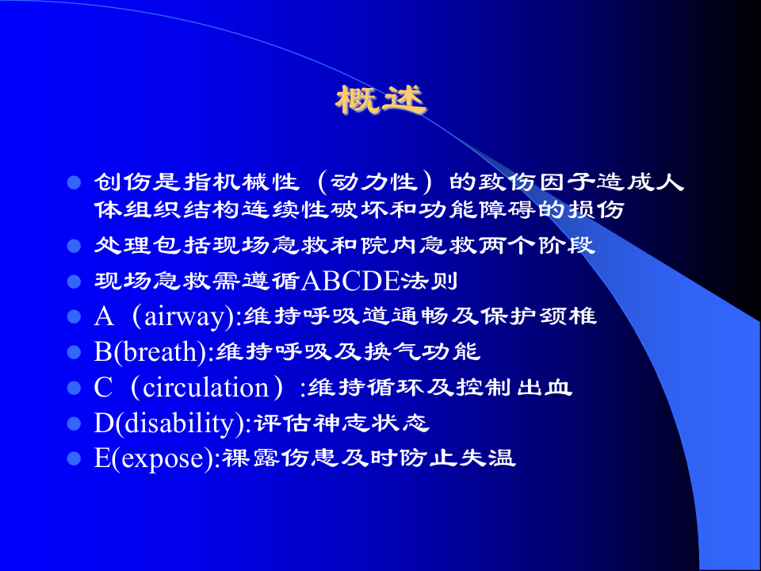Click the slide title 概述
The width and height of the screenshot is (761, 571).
(380, 100)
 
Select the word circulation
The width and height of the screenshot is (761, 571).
(206, 388)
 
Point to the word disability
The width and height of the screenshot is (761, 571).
(182, 423)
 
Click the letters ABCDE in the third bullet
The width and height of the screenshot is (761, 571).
(350, 281)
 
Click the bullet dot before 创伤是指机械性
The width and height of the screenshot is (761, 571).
(74, 183)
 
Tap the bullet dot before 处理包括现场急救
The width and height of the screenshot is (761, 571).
(74, 246)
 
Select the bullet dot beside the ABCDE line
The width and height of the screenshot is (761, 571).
(74, 282)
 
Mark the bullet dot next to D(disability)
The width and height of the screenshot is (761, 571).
(74, 423)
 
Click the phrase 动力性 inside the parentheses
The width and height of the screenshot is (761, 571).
(373, 182)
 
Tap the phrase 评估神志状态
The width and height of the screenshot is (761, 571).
(342, 423)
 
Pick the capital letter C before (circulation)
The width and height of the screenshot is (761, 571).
(103, 388)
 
